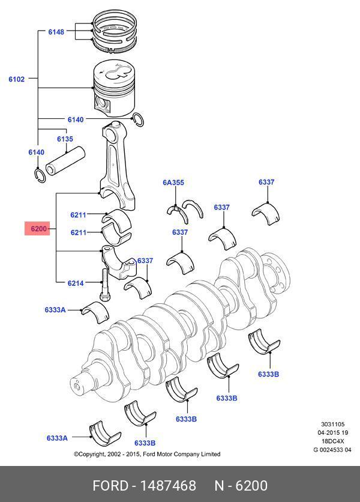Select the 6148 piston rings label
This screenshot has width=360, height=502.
(x=56, y=31)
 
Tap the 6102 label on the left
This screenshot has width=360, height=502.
(x=16, y=79)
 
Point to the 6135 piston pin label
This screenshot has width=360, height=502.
(x=65, y=139)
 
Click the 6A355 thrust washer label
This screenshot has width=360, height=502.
(x=173, y=182)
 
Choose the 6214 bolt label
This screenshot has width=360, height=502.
(x=76, y=283)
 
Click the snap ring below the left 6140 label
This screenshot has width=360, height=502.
(x=39, y=174)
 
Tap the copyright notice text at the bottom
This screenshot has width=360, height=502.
(x=147, y=454)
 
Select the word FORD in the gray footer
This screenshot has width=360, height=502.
(x=110, y=485)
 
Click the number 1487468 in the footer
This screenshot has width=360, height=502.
(x=167, y=485)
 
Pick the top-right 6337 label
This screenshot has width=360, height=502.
(x=266, y=182)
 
